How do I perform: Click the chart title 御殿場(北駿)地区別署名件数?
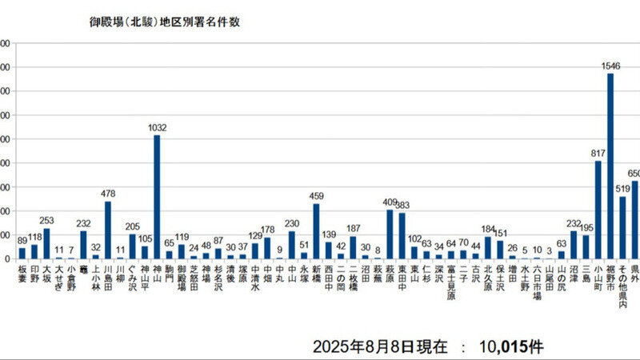164,22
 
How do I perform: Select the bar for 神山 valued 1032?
157,197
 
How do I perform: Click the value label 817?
597,153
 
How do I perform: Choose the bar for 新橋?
316,231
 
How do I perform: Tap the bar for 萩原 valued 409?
390,234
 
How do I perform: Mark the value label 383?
402,205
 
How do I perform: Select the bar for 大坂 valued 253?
46,244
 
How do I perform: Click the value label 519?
623,189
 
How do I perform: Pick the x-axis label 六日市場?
537,284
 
